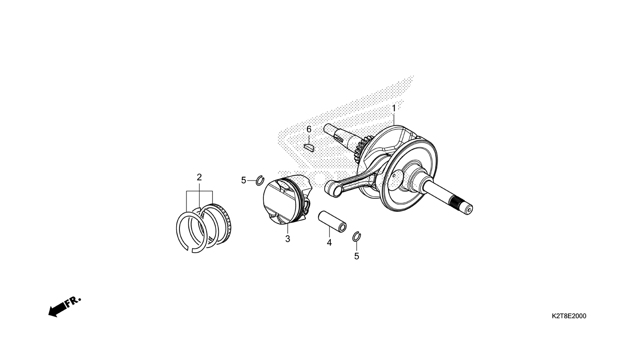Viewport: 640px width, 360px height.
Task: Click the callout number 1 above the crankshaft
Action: pyautogui.click(x=394, y=108)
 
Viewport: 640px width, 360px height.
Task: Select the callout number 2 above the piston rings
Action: pyautogui.click(x=199, y=177)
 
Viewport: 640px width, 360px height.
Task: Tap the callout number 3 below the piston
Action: pyautogui.click(x=287, y=239)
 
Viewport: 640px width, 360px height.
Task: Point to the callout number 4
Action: pyautogui.click(x=329, y=243)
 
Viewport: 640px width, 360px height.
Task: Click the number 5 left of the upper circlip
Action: pyautogui.click(x=244, y=180)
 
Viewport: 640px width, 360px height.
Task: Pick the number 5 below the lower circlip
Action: pyautogui.click(x=357, y=256)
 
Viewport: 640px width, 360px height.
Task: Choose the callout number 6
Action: pyautogui.click(x=309, y=129)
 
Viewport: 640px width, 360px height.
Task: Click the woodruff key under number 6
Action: pyautogui.click(x=309, y=148)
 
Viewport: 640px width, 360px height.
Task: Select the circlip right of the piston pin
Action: pyautogui.click(x=357, y=236)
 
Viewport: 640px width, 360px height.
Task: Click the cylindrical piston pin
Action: pyautogui.click(x=332, y=222)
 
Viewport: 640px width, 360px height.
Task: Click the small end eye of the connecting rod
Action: pyautogui.click(x=333, y=189)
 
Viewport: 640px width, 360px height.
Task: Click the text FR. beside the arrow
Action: pyautogui.click(x=74, y=302)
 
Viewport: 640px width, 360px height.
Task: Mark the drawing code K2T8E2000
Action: pyautogui.click(x=569, y=316)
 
